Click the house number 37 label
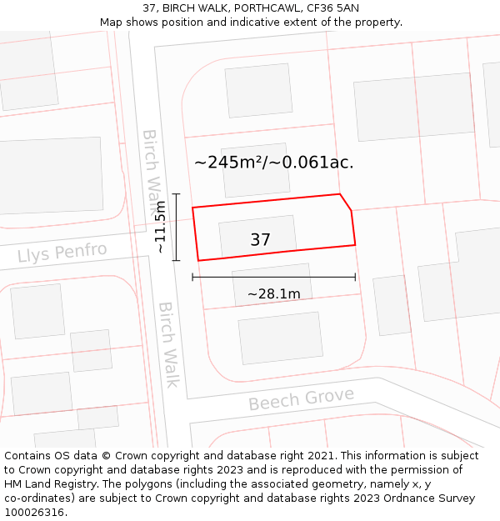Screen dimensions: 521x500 tap(260, 240)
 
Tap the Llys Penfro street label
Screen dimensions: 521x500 tap(62, 252)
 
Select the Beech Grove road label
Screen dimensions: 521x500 tap(301, 399)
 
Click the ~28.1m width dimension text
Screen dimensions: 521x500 tap(273, 293)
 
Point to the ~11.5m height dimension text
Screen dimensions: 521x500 tap(161, 227)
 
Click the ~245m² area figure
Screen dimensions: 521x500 tap(229, 163)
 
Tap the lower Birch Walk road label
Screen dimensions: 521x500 tap(169, 343)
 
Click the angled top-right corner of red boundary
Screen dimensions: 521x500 tap(341, 195)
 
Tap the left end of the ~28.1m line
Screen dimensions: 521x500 tap(192, 277)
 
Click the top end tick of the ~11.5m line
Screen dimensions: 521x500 tap(176, 194)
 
